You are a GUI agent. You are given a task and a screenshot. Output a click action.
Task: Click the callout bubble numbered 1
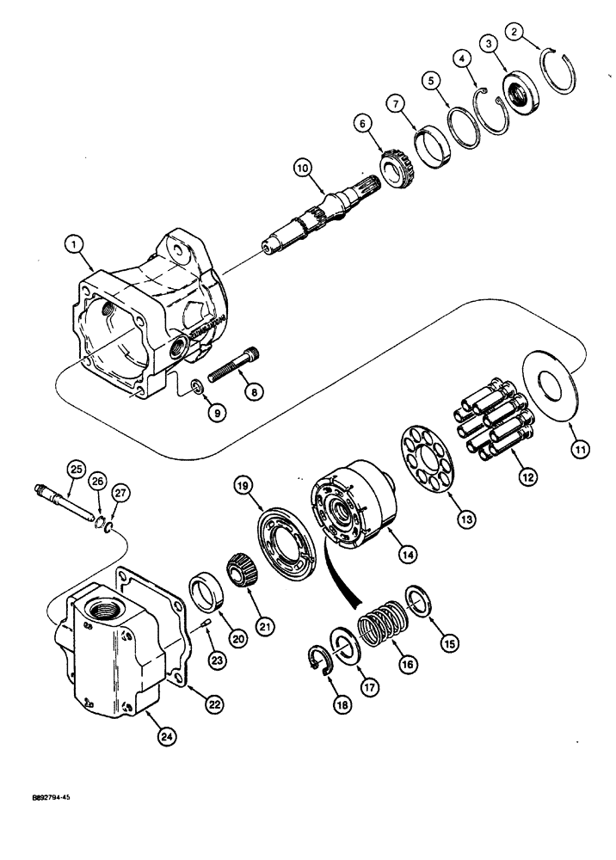[x=78, y=243]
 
